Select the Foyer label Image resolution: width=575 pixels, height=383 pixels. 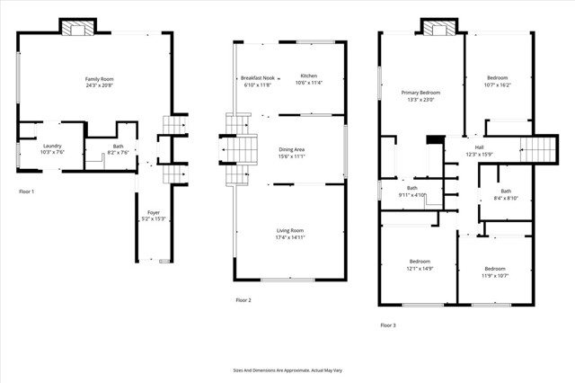pyautogui.click(x=154, y=213)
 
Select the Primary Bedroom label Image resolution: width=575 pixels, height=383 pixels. pyautogui.click(x=420, y=93)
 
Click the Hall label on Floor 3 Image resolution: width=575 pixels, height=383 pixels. pyautogui.click(x=479, y=147)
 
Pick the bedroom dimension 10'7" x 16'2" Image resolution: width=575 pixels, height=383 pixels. pyautogui.click(x=498, y=85)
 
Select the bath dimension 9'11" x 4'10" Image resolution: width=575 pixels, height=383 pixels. pyautogui.click(x=411, y=195)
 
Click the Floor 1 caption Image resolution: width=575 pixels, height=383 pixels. pyautogui.click(x=27, y=191)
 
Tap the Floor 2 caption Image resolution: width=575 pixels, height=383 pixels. pyautogui.click(x=243, y=299)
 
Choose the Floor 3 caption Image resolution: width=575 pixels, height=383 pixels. pyautogui.click(x=387, y=325)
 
